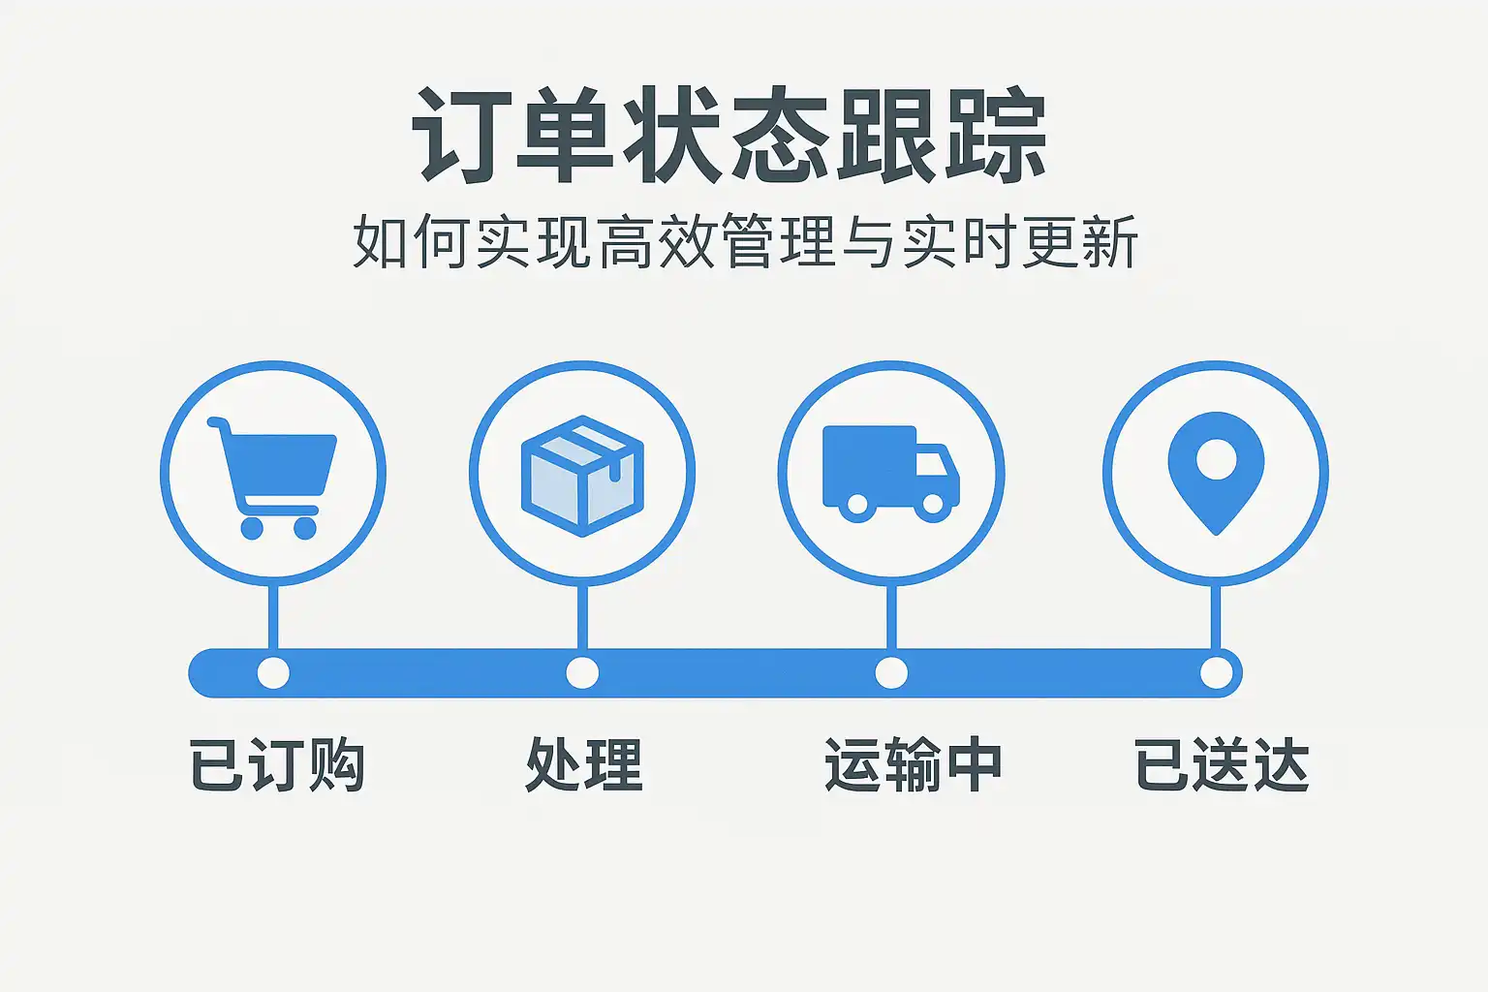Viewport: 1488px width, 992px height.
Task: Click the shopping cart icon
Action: click(x=273, y=475)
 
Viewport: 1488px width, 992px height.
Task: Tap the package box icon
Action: click(x=582, y=475)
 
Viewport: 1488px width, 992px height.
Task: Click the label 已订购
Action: click(x=277, y=765)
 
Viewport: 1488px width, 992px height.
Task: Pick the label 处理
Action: click(x=583, y=765)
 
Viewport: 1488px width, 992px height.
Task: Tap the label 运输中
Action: click(x=913, y=765)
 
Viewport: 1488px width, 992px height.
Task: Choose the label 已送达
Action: click(x=1222, y=765)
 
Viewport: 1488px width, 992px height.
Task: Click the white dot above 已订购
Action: click(x=273, y=672)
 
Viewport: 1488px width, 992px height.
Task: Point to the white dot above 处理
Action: click(x=582, y=672)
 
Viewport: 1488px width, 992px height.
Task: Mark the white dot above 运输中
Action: click(x=891, y=672)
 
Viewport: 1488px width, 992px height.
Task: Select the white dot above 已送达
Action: click(x=1217, y=672)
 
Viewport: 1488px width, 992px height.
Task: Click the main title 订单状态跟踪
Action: click(x=729, y=135)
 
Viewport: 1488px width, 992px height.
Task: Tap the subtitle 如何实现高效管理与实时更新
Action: click(x=744, y=242)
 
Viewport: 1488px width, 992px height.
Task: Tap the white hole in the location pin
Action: click(x=1216, y=458)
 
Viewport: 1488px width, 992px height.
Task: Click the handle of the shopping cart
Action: click(x=217, y=425)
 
